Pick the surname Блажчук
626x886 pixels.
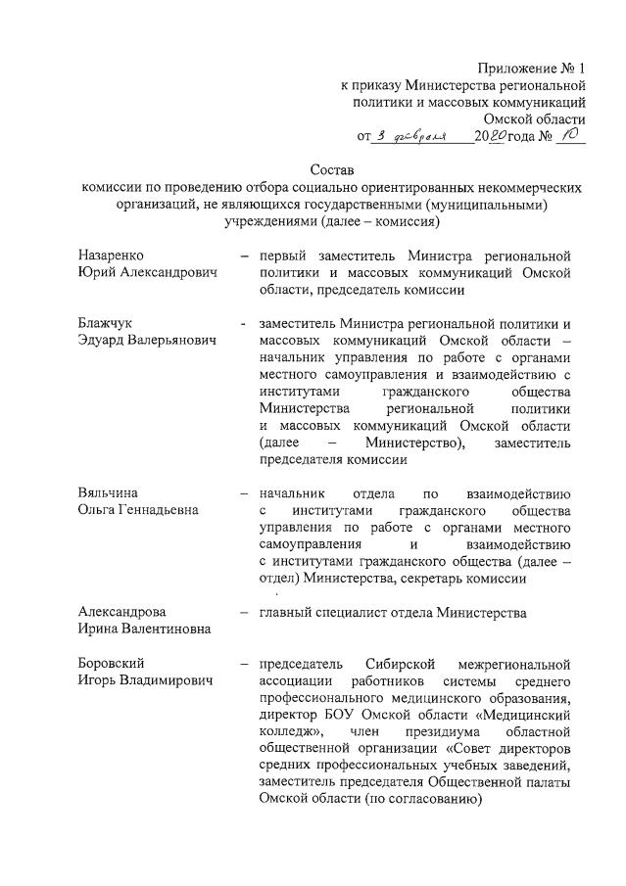[x=107, y=322]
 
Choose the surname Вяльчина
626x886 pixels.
[x=108, y=493]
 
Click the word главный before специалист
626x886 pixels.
[x=285, y=613]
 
